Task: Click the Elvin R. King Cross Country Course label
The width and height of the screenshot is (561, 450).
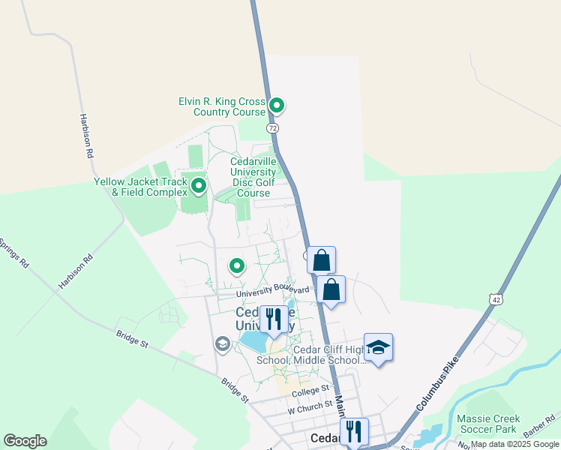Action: tap(222, 106)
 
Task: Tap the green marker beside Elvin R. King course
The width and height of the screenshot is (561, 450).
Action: tap(277, 106)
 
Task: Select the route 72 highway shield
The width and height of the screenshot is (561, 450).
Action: tap(273, 128)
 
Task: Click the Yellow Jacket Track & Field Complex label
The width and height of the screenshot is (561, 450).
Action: tap(139, 187)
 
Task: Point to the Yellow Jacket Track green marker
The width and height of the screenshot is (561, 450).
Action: tap(199, 184)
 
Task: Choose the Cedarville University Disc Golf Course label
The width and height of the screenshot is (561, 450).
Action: tap(253, 176)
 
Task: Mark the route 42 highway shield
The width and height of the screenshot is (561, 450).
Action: tap(496, 298)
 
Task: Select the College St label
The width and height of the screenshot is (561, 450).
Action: tap(310, 391)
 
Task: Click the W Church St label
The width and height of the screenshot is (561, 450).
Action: tap(309, 405)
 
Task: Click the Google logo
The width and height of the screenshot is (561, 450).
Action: tap(25, 441)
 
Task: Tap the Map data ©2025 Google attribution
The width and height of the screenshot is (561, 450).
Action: tap(514, 445)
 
